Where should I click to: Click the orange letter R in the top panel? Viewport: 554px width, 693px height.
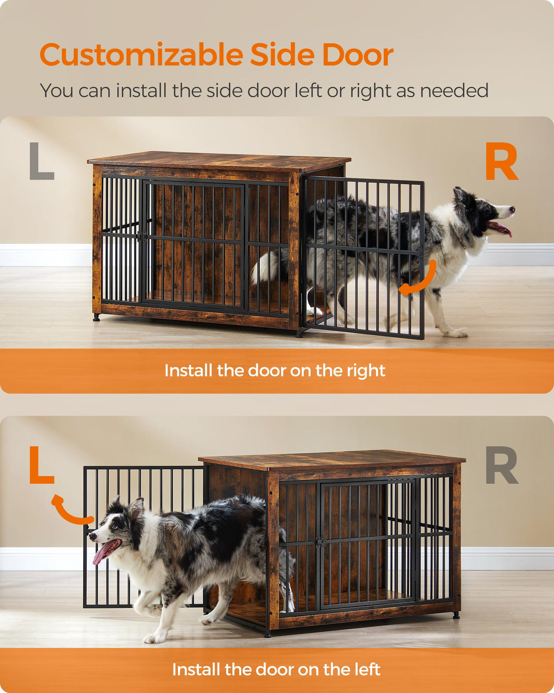[x=501, y=162]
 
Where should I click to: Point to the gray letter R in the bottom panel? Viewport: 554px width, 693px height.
[x=501, y=465]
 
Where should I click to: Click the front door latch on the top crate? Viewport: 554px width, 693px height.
[x=142, y=236]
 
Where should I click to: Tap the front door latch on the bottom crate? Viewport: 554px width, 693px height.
[x=321, y=542]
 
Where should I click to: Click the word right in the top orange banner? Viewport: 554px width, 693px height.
[x=366, y=371]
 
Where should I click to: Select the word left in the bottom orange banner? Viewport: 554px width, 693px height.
[x=366, y=670]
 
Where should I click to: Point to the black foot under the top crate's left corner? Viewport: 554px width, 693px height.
[x=96, y=317]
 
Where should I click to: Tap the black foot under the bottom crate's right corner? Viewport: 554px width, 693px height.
[x=456, y=615]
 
